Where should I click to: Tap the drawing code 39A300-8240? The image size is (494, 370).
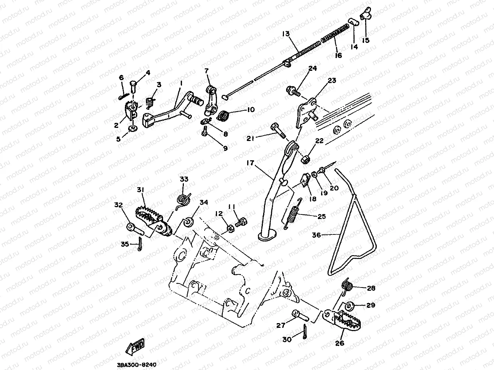click(x=137, y=365)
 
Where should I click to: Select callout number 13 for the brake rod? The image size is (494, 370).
click(x=285, y=34)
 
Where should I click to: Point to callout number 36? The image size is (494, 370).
click(x=316, y=235)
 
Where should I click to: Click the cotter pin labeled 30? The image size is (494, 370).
click(x=304, y=332)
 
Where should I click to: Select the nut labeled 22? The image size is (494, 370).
click(x=306, y=159)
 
